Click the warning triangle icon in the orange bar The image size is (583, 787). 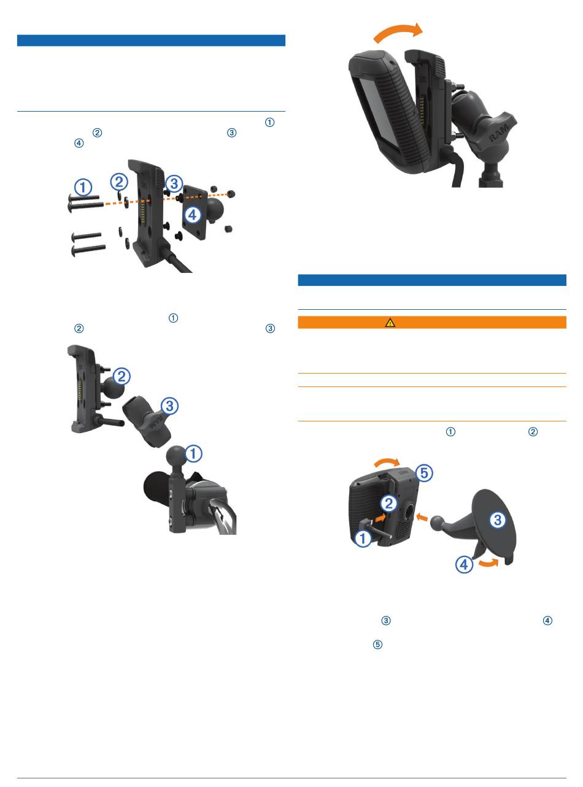coord(390,322)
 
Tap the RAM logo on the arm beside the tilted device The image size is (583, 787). coord(499,132)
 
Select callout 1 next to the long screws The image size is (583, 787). coord(83,187)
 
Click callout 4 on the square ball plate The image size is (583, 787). coord(193,215)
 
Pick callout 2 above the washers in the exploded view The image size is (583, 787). coord(119,182)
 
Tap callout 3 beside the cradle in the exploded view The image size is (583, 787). coord(174,183)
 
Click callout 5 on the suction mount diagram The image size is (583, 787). coord(424,472)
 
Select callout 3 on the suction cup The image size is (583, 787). coord(498,520)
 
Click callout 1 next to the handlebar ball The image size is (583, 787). coord(193,453)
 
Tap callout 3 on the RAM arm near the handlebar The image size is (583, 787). coord(169,406)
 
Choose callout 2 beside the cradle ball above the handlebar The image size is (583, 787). coord(122,377)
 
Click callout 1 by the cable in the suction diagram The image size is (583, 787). coord(363,539)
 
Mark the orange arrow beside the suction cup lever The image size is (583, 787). coord(489,562)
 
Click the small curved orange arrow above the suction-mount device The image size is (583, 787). coord(387,462)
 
